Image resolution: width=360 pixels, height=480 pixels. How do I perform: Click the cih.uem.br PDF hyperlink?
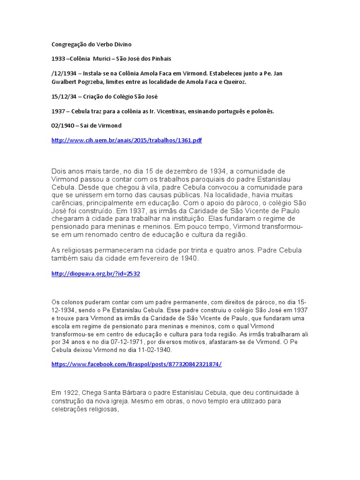(127, 140)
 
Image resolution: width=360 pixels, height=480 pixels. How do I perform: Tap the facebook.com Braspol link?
(136, 364)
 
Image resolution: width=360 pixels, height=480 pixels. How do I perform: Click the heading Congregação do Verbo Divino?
(91, 45)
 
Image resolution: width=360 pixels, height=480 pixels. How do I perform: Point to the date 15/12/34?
(62, 97)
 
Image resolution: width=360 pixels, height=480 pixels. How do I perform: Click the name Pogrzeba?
(90, 82)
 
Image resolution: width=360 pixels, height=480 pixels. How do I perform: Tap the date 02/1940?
(61, 126)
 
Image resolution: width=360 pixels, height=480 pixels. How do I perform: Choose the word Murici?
(101, 59)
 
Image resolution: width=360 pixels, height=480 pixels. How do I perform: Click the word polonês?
(262, 111)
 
